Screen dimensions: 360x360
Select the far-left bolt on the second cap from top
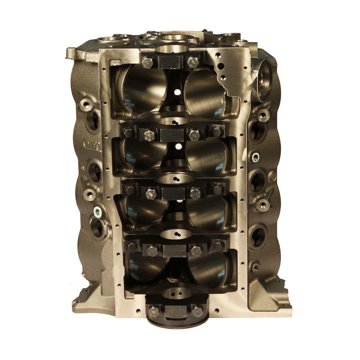[x=128, y=132]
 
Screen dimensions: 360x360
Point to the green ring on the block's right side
[x=256, y=156]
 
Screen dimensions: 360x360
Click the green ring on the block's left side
[x=98, y=211]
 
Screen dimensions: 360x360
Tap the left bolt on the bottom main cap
[x=154, y=311]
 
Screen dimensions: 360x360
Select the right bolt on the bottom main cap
[x=197, y=311]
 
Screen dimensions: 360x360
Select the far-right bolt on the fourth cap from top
[x=219, y=246]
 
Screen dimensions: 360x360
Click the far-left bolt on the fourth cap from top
[x=130, y=246]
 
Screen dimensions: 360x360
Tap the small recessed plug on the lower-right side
[x=255, y=267]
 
